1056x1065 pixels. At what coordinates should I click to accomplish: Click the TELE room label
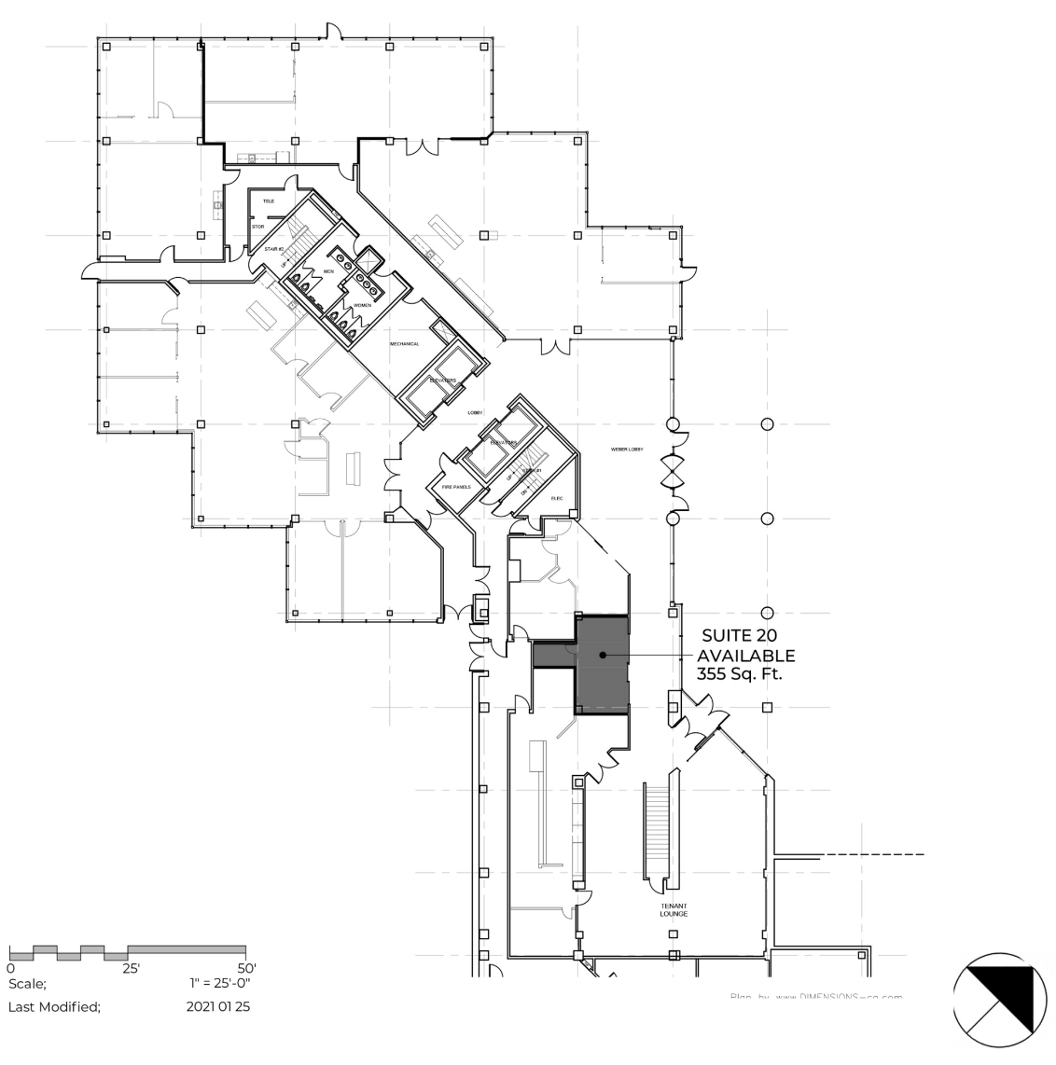point(269,201)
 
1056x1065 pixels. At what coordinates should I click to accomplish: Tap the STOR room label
point(259,226)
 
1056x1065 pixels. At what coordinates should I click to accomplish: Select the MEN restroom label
point(328,271)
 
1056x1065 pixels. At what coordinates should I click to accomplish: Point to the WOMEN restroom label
point(362,306)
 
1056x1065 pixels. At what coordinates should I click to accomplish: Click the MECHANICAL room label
point(405,344)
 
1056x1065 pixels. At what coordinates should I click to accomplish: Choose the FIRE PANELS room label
point(455,488)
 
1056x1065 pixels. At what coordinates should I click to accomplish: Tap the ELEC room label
point(557,498)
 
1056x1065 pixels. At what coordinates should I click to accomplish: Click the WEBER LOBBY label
point(627,450)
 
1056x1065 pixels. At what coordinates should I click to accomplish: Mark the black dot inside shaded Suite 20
point(604,656)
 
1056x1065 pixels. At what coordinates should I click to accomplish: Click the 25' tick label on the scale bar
point(131,968)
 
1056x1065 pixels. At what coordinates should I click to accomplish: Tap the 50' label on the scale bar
point(247,968)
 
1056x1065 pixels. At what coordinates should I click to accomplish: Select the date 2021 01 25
point(217,1006)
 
